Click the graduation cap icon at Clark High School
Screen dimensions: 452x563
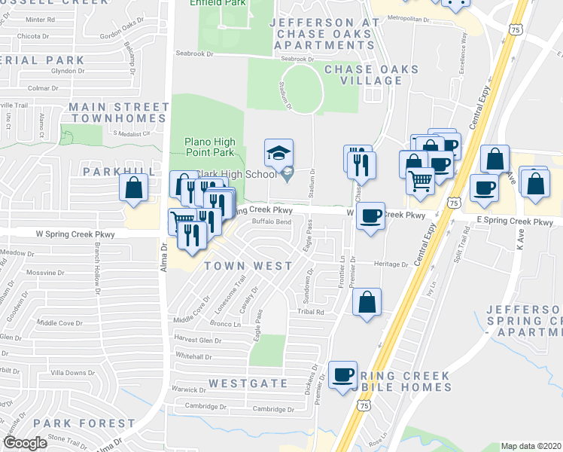[276, 153]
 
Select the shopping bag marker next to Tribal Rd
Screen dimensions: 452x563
[366, 302]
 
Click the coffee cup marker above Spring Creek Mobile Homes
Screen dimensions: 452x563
[343, 374]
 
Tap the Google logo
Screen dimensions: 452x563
[25, 443]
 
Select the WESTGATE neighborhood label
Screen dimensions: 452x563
[248, 383]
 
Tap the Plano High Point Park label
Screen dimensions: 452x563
[210, 148]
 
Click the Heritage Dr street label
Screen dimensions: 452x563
[392, 264]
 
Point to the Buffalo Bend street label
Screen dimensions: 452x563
[271, 222]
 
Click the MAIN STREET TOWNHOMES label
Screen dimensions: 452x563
[119, 113]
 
